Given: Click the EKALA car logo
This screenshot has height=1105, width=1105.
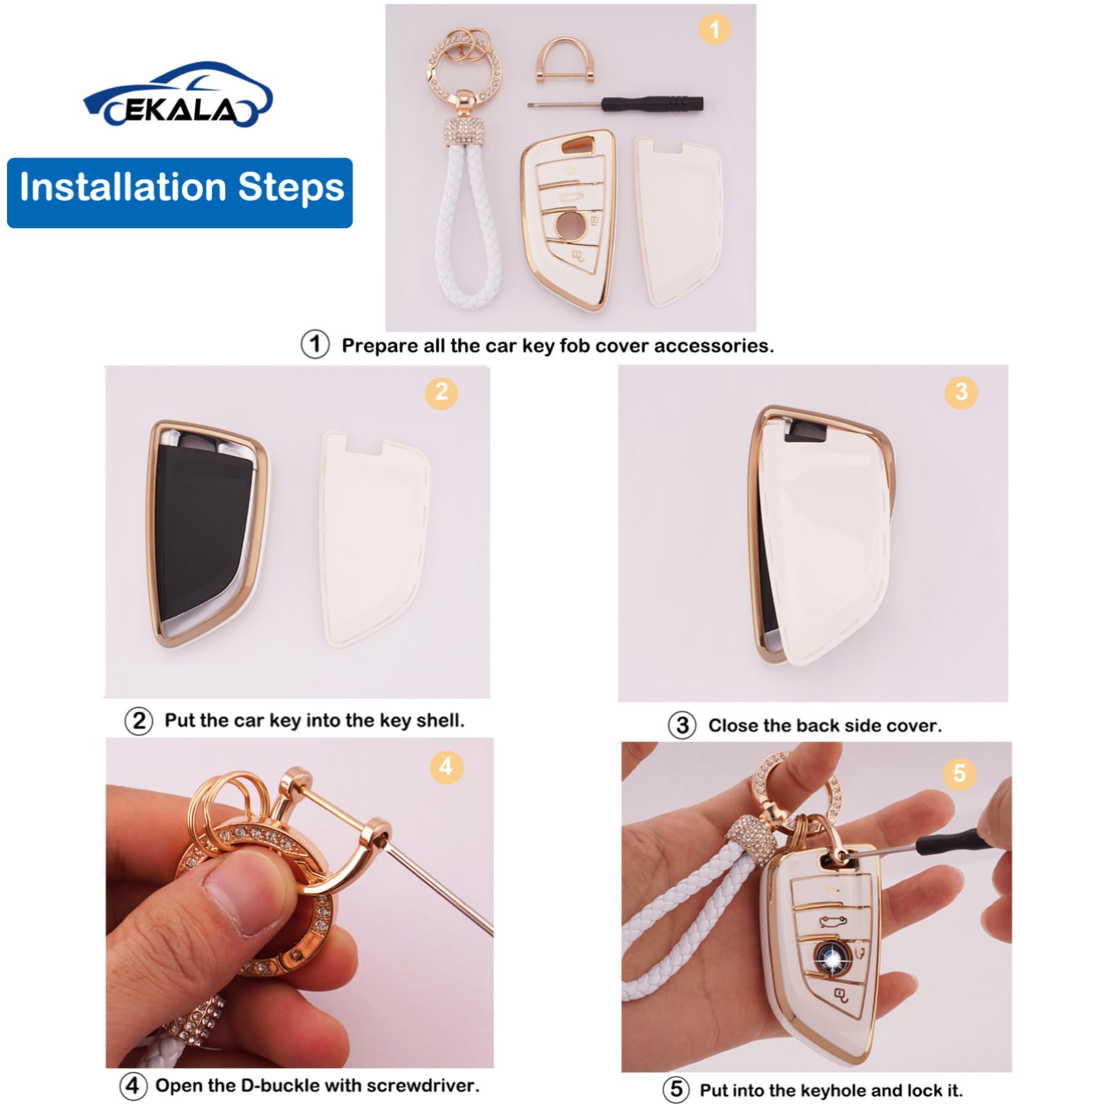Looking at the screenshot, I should click(178, 95).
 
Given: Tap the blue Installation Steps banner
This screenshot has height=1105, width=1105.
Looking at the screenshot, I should click(180, 193).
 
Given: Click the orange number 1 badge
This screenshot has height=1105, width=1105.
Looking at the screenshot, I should click(714, 29).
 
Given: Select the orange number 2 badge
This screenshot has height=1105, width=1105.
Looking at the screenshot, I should click(441, 392).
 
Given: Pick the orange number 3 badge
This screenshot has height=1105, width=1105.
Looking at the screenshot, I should click(961, 392).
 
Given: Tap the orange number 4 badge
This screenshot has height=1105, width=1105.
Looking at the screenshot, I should click(446, 766).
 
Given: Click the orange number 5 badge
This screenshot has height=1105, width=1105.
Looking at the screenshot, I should click(960, 773).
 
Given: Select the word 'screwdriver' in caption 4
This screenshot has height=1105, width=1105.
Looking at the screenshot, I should click(424, 1085).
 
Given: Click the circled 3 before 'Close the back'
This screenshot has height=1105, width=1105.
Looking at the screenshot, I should click(681, 726).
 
